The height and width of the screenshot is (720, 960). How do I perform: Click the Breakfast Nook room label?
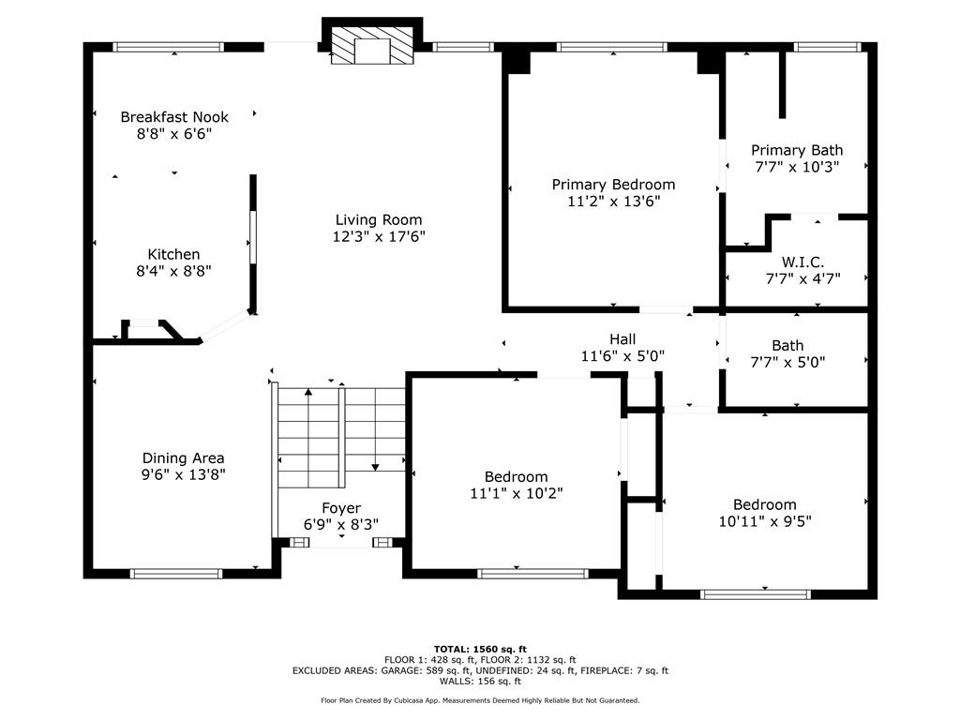click(173, 117)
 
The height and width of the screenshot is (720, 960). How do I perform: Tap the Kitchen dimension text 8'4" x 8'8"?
click(173, 271)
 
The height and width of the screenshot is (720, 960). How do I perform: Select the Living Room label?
click(379, 219)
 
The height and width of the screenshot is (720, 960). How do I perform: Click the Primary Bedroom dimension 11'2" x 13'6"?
click(613, 201)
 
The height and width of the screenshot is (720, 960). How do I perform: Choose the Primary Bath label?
click(797, 150)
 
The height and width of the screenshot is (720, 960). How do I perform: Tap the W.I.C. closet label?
click(802, 262)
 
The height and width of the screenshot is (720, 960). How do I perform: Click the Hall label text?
click(622, 339)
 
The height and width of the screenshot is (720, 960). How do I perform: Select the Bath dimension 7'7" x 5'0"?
click(787, 362)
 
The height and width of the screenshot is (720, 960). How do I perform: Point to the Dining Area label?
click(183, 457)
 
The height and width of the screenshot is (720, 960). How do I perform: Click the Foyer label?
click(341, 508)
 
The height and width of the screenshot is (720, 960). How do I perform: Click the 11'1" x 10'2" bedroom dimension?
click(517, 493)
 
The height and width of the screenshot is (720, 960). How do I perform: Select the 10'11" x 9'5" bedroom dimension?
click(765, 521)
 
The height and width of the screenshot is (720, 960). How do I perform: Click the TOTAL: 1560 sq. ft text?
click(480, 649)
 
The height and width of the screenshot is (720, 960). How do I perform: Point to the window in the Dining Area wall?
click(175, 574)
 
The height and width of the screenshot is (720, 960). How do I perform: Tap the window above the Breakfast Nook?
click(169, 47)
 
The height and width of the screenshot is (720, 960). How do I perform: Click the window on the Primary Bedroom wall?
click(612, 47)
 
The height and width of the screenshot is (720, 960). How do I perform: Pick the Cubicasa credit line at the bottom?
click(480, 700)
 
